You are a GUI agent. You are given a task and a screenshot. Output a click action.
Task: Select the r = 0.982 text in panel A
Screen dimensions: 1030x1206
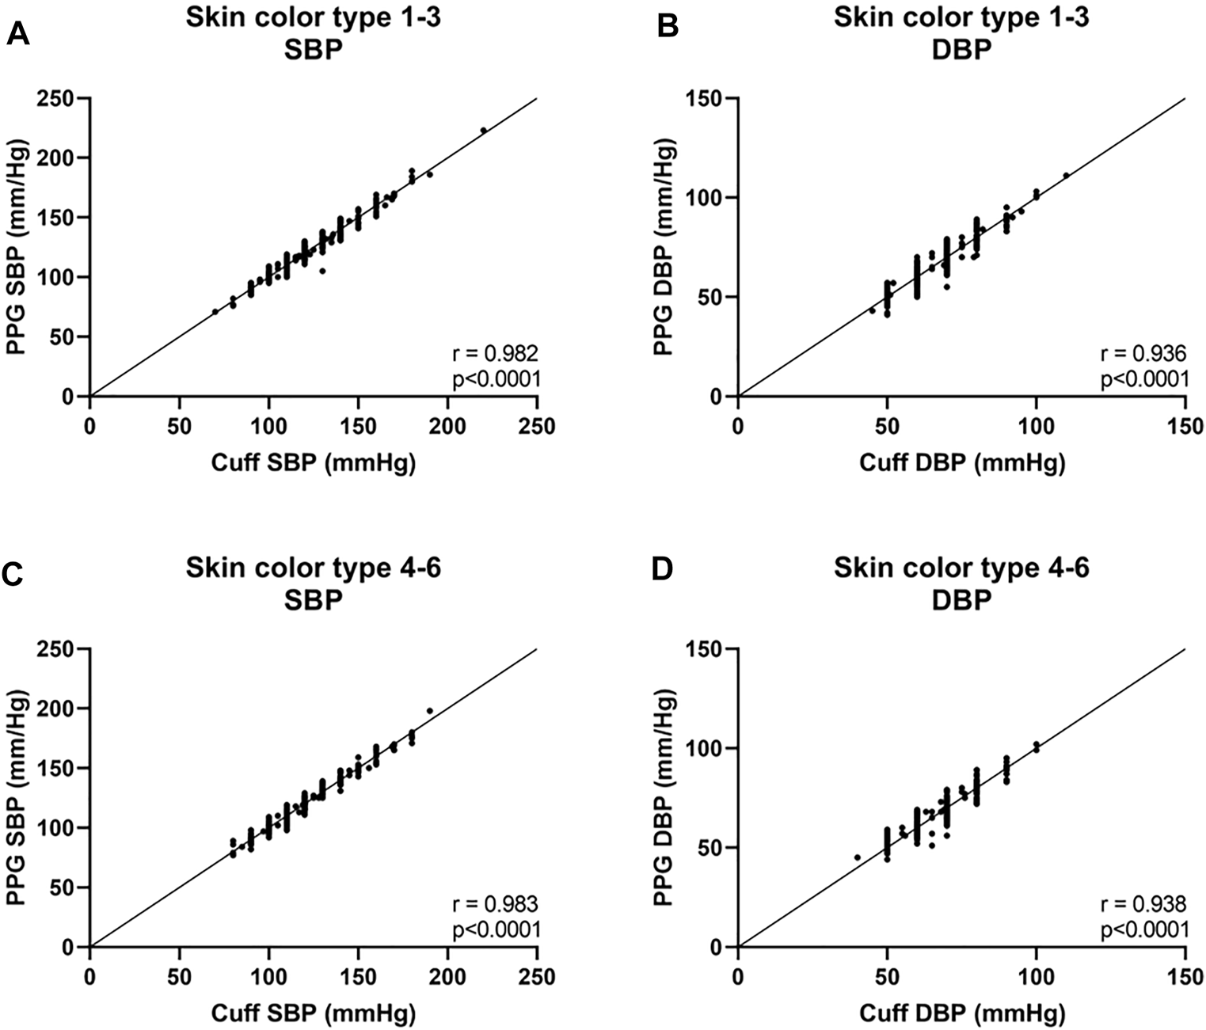click(496, 353)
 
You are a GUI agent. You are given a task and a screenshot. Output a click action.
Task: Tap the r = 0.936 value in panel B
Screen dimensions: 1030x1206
click(1143, 353)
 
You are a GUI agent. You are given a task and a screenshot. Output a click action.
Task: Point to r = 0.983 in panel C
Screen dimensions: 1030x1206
click(496, 903)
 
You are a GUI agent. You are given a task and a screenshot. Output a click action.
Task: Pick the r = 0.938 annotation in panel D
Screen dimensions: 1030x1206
click(1143, 903)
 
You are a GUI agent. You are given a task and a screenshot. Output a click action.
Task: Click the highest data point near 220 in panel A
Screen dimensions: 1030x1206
click(484, 130)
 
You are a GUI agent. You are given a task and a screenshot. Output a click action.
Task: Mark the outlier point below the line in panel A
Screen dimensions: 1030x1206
click(322, 271)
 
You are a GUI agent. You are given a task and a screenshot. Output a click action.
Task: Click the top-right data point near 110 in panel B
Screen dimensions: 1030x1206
click(1066, 176)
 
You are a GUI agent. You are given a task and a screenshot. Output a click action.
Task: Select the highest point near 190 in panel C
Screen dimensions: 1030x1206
click(430, 711)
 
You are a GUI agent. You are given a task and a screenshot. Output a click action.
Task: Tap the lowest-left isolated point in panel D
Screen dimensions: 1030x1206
click(857, 857)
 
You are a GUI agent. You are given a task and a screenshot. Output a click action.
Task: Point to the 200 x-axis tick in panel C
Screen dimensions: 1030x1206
click(447, 976)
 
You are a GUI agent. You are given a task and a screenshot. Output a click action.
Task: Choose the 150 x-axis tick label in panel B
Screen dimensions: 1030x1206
click(1185, 426)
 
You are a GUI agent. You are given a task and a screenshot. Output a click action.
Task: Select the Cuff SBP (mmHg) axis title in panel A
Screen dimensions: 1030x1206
click(313, 463)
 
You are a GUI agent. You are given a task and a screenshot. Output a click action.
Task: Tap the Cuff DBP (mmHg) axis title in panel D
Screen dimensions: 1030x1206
click(961, 1013)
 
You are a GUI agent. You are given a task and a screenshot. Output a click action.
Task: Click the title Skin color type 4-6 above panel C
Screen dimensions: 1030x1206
click(313, 568)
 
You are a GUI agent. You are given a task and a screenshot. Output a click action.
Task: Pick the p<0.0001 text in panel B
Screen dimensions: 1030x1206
click(1143, 380)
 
